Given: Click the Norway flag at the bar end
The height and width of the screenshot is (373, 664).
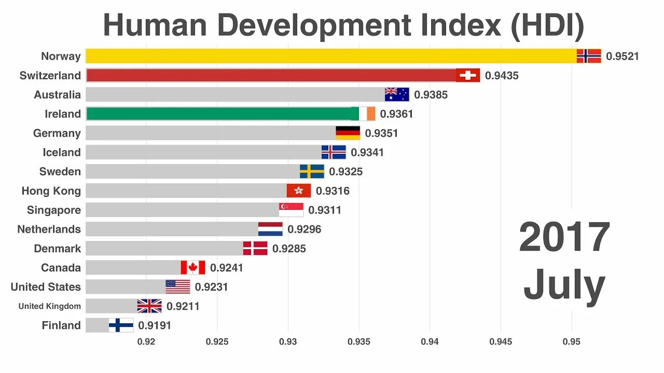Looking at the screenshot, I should pos(589,56).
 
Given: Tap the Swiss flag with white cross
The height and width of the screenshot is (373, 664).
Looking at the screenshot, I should pos(468,76).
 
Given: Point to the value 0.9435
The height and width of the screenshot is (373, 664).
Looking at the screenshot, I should pos(502,76).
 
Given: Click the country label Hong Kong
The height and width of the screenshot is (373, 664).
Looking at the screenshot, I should pos(51,191).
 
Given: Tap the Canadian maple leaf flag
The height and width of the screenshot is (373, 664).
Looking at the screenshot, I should pos(193,268).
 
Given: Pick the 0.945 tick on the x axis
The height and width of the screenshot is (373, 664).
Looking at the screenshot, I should pos(501,342).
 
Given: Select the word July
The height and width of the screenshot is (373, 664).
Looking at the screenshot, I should pos(564,286).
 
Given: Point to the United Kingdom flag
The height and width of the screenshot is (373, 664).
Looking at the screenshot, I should pos(149,306).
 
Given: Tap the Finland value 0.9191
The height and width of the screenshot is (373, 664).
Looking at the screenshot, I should pos(155,325).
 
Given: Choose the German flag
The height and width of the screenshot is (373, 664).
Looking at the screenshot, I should pos(348,133).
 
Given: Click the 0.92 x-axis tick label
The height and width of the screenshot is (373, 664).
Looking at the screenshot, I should pos(146,342).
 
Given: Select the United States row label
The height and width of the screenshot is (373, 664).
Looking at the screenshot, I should pos(46,287).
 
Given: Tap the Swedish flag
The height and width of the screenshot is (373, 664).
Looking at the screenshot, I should pos(312,171).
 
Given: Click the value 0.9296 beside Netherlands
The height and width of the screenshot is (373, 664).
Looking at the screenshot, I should pos(305,229).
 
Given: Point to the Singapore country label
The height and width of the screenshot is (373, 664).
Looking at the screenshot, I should pos(54,210).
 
